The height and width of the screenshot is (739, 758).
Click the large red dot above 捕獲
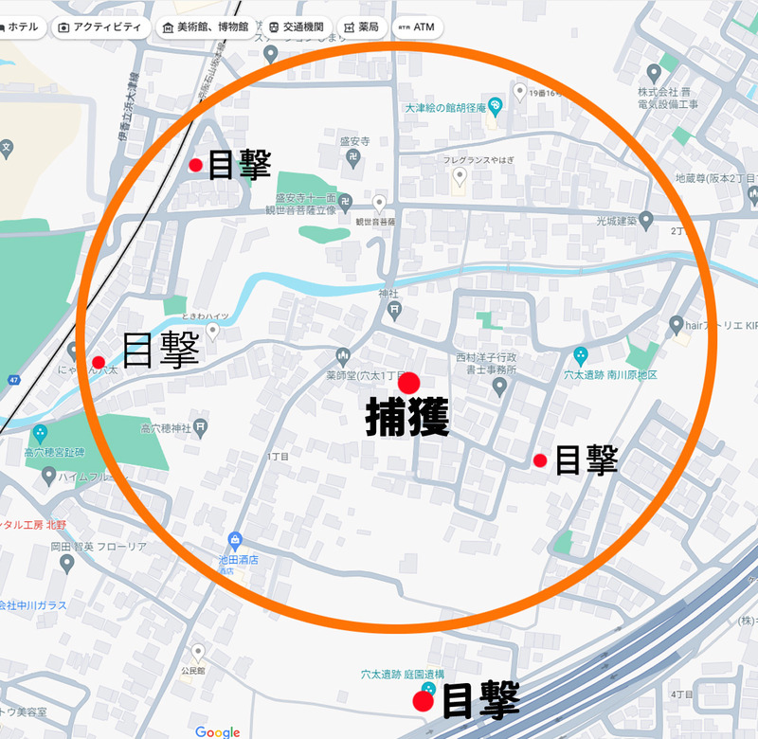[x=409, y=383]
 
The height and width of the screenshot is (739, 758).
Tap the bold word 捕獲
[x=407, y=418]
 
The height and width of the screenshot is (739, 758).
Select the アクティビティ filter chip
[x=101, y=27]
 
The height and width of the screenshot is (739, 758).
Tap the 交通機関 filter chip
[x=298, y=27]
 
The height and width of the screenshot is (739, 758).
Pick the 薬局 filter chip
[x=362, y=27]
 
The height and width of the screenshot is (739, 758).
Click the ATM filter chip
[x=417, y=27]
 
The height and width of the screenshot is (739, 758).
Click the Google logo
[x=218, y=731]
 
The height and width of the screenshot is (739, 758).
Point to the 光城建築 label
[x=616, y=221]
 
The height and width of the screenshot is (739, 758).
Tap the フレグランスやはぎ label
[x=478, y=160]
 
